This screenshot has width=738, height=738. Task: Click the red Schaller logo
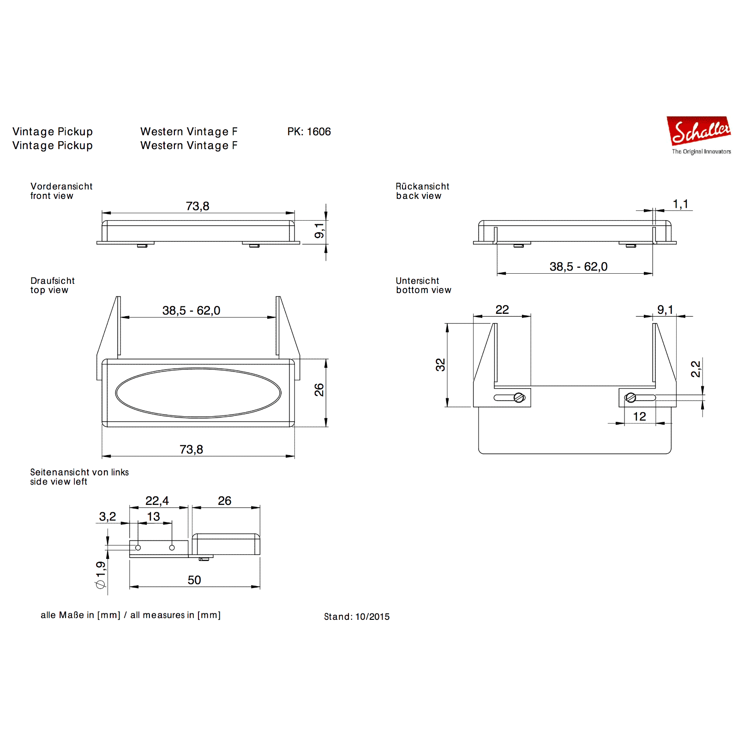click(699, 131)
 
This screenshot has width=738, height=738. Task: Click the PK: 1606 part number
click(309, 132)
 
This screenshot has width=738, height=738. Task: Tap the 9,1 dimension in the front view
click(319, 230)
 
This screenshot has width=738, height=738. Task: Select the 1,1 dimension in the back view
click(680, 204)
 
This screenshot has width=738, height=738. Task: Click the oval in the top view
click(198, 393)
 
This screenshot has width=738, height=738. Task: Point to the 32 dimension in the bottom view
click(440, 365)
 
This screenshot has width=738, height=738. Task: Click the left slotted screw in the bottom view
click(519, 397)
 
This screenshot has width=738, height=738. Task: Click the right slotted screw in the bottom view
click(630, 397)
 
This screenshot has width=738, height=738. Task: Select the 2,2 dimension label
click(696, 369)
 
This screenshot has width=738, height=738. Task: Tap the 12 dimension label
click(639, 416)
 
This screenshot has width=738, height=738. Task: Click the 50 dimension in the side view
click(194, 580)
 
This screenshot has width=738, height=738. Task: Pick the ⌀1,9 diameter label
click(101, 575)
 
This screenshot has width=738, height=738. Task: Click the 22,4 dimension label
click(157, 501)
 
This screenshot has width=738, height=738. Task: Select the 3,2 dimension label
click(108, 516)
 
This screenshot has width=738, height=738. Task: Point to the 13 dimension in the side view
click(153, 516)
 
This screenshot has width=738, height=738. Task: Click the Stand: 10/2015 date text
click(356, 617)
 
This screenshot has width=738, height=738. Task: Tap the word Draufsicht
click(53, 281)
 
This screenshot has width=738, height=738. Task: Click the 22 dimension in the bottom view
click(502, 310)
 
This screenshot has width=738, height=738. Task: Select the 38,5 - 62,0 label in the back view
click(578, 267)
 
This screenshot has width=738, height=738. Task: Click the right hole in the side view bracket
click(172, 548)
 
